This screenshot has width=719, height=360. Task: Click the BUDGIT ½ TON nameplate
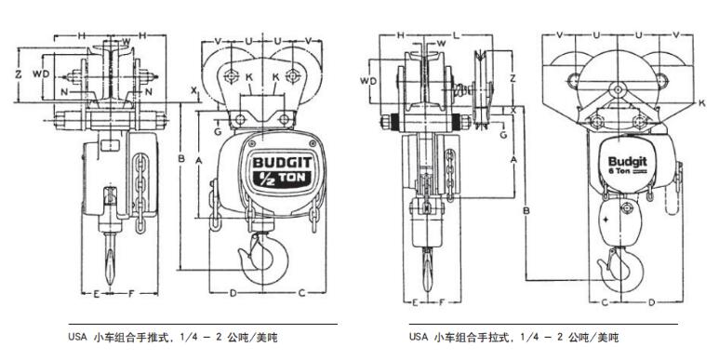click(282, 168)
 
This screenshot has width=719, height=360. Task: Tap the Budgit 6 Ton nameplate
click(627, 164)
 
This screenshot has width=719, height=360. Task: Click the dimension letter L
click(456, 35)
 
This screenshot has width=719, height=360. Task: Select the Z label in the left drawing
click(19, 73)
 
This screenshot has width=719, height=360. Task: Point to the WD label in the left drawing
click(41, 73)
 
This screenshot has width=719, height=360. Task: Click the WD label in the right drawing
click(368, 81)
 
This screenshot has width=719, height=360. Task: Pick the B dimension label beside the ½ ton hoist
click(181, 159)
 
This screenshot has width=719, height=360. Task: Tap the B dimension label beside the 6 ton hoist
click(526, 210)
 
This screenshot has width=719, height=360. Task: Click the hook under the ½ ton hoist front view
click(265, 258)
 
